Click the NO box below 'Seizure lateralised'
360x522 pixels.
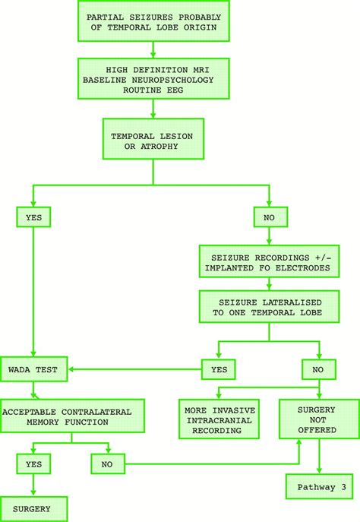click(318, 370)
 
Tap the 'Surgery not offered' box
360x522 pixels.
click(318, 417)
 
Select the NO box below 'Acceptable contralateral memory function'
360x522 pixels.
click(109, 463)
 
